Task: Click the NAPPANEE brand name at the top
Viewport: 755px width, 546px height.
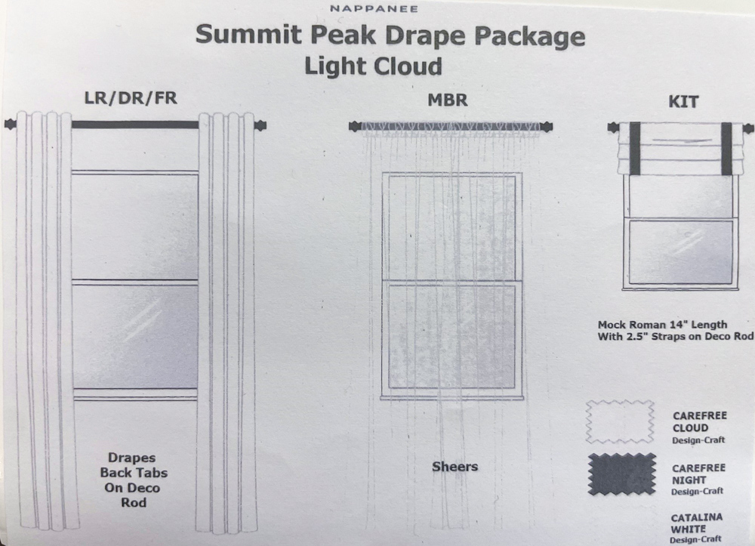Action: coord(374,8)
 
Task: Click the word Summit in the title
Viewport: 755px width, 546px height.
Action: coord(248,35)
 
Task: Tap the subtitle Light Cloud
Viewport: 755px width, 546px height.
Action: coord(373,66)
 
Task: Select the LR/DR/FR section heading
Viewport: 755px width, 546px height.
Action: coord(131,98)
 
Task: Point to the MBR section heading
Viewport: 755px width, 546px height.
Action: coord(447,100)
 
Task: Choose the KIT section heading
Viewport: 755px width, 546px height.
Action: coord(683,102)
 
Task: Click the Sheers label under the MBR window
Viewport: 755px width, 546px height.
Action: coord(455,467)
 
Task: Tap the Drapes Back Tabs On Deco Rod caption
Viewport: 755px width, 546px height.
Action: coord(134,480)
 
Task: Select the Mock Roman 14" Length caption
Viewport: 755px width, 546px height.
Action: coord(663,325)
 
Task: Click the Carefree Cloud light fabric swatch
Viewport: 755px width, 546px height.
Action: coord(620,422)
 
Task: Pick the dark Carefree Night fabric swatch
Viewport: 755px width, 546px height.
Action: coord(621,474)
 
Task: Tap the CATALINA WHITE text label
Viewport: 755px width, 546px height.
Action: coord(697,523)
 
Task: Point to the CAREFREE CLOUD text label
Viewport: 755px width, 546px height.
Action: coord(700,422)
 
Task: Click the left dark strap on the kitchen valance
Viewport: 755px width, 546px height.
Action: coord(635,148)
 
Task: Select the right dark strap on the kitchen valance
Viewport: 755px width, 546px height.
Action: coord(726,148)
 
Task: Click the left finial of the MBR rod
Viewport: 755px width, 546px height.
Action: coord(355,127)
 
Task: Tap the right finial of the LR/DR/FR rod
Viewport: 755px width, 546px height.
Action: coord(260,125)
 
